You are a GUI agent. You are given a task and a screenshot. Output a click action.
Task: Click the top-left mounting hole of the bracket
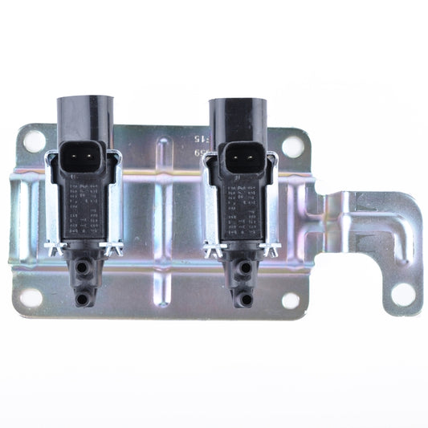[35, 142]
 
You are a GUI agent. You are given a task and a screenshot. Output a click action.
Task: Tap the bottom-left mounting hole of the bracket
[31, 296]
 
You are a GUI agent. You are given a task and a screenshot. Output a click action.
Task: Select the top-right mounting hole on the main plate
[293, 147]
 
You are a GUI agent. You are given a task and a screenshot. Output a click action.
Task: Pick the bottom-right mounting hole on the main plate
[291, 300]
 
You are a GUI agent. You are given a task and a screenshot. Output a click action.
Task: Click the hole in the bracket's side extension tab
[403, 294]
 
